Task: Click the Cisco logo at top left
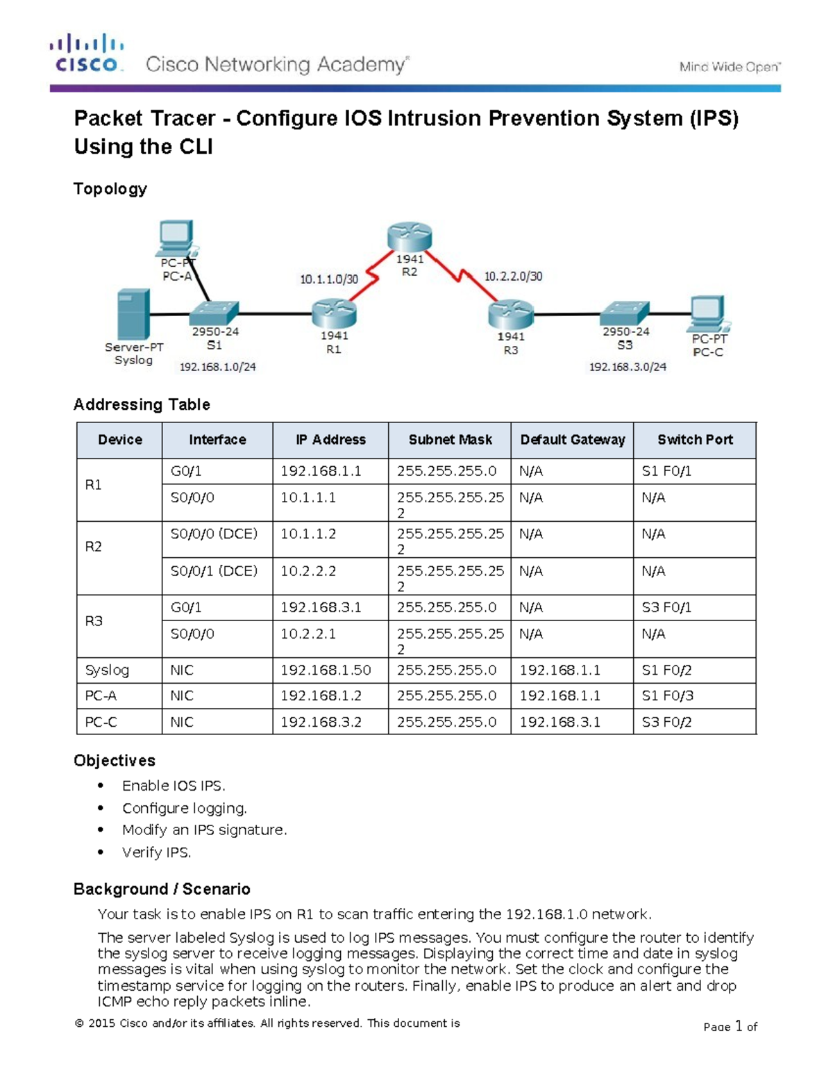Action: tap(87, 53)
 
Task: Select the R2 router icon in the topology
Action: tap(410, 237)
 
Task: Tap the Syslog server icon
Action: tap(133, 314)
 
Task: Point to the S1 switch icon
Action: tap(214, 313)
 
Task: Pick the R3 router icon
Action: tap(510, 314)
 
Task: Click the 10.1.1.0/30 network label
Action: tap(329, 279)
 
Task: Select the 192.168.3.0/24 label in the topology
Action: tap(628, 366)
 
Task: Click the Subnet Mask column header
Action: tap(450, 440)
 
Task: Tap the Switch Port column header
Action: tap(695, 440)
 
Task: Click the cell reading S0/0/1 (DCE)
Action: tap(214, 570)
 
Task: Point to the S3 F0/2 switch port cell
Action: tap(666, 722)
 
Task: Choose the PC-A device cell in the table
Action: tap(101, 695)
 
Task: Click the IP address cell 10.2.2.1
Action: tap(308, 634)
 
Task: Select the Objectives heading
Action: tap(115, 760)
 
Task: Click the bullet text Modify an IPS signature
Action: tap(204, 830)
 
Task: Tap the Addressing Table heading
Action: tap(142, 404)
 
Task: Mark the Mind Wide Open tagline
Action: tap(730, 67)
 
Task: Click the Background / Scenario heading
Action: tap(162, 889)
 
